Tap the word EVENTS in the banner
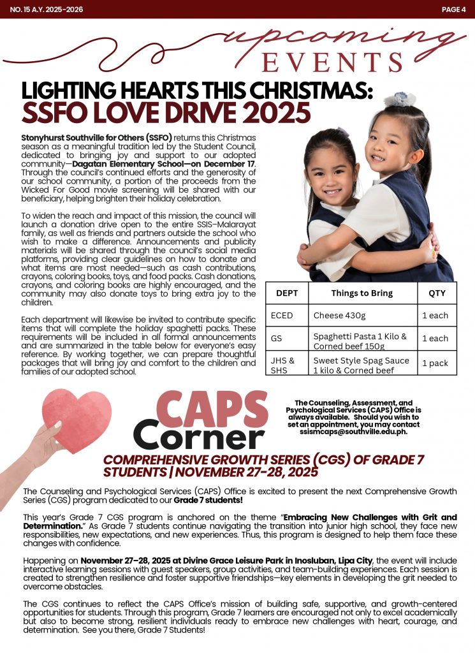[332, 62]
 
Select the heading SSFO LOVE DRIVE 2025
[166, 113]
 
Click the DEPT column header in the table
[287, 293]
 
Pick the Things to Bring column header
[362, 293]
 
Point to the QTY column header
[437, 293]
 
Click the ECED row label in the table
[282, 315]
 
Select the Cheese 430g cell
[339, 315]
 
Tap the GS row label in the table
[277, 338]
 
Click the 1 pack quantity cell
[435, 363]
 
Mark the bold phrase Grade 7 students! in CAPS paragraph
[207, 499]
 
